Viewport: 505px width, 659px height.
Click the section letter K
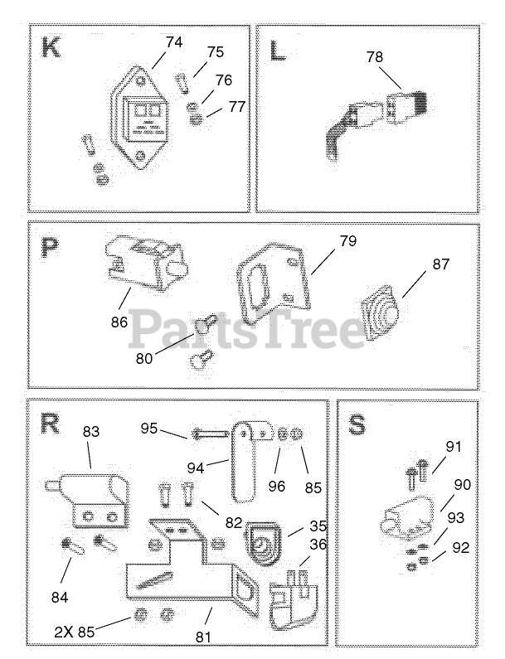pyautogui.click(x=51, y=48)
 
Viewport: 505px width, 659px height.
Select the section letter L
pyautogui.click(x=277, y=50)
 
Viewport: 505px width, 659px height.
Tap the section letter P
pyautogui.click(x=50, y=247)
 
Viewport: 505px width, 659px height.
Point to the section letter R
pyautogui.click(x=51, y=424)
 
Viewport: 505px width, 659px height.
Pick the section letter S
pyautogui.click(x=357, y=425)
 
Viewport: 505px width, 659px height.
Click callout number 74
pyautogui.click(x=173, y=42)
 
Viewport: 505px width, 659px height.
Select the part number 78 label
pyautogui.click(x=375, y=58)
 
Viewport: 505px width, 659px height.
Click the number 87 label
pyautogui.click(x=440, y=264)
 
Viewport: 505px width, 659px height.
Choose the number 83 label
pyautogui.click(x=90, y=431)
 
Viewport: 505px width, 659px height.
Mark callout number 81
pyautogui.click(x=203, y=637)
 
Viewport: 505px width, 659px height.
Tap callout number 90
pyautogui.click(x=462, y=485)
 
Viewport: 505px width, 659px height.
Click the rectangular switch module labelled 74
pyautogui.click(x=144, y=119)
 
